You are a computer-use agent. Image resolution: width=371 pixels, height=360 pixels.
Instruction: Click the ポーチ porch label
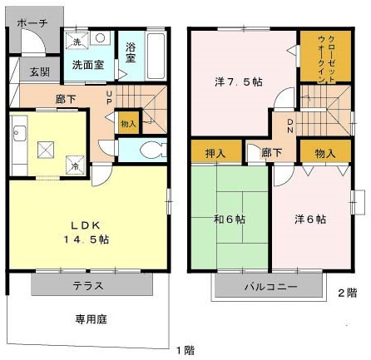[x=32, y=22]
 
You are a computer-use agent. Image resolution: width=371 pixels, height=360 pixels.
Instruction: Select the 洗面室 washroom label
[x=87, y=63]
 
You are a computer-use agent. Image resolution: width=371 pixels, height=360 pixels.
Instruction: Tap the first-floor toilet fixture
[x=151, y=150]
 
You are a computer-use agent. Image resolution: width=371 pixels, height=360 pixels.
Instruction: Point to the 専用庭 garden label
[x=91, y=318]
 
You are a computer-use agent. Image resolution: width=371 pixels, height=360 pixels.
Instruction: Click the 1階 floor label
[x=185, y=348]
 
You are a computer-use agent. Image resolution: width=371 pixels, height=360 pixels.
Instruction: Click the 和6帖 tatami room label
[x=229, y=219]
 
